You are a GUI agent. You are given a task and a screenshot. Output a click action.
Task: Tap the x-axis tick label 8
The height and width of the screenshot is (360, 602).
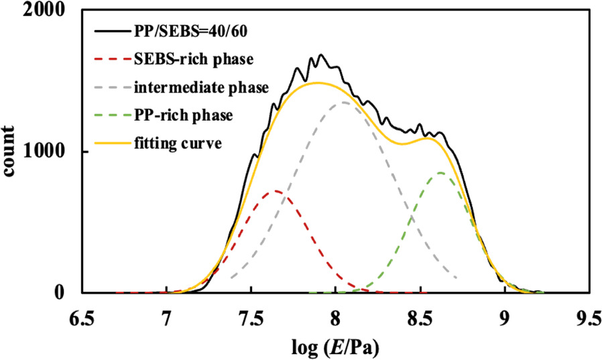click(336, 316)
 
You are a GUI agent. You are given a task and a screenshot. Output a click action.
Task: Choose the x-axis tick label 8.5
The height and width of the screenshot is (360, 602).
click(420, 316)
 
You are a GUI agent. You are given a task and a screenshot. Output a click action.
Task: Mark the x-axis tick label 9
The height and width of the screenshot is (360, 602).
click(505, 316)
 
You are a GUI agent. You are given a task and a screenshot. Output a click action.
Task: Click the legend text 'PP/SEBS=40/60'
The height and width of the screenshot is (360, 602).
click(182, 32)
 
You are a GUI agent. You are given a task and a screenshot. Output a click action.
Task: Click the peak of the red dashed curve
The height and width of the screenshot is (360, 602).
click(276, 191)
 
